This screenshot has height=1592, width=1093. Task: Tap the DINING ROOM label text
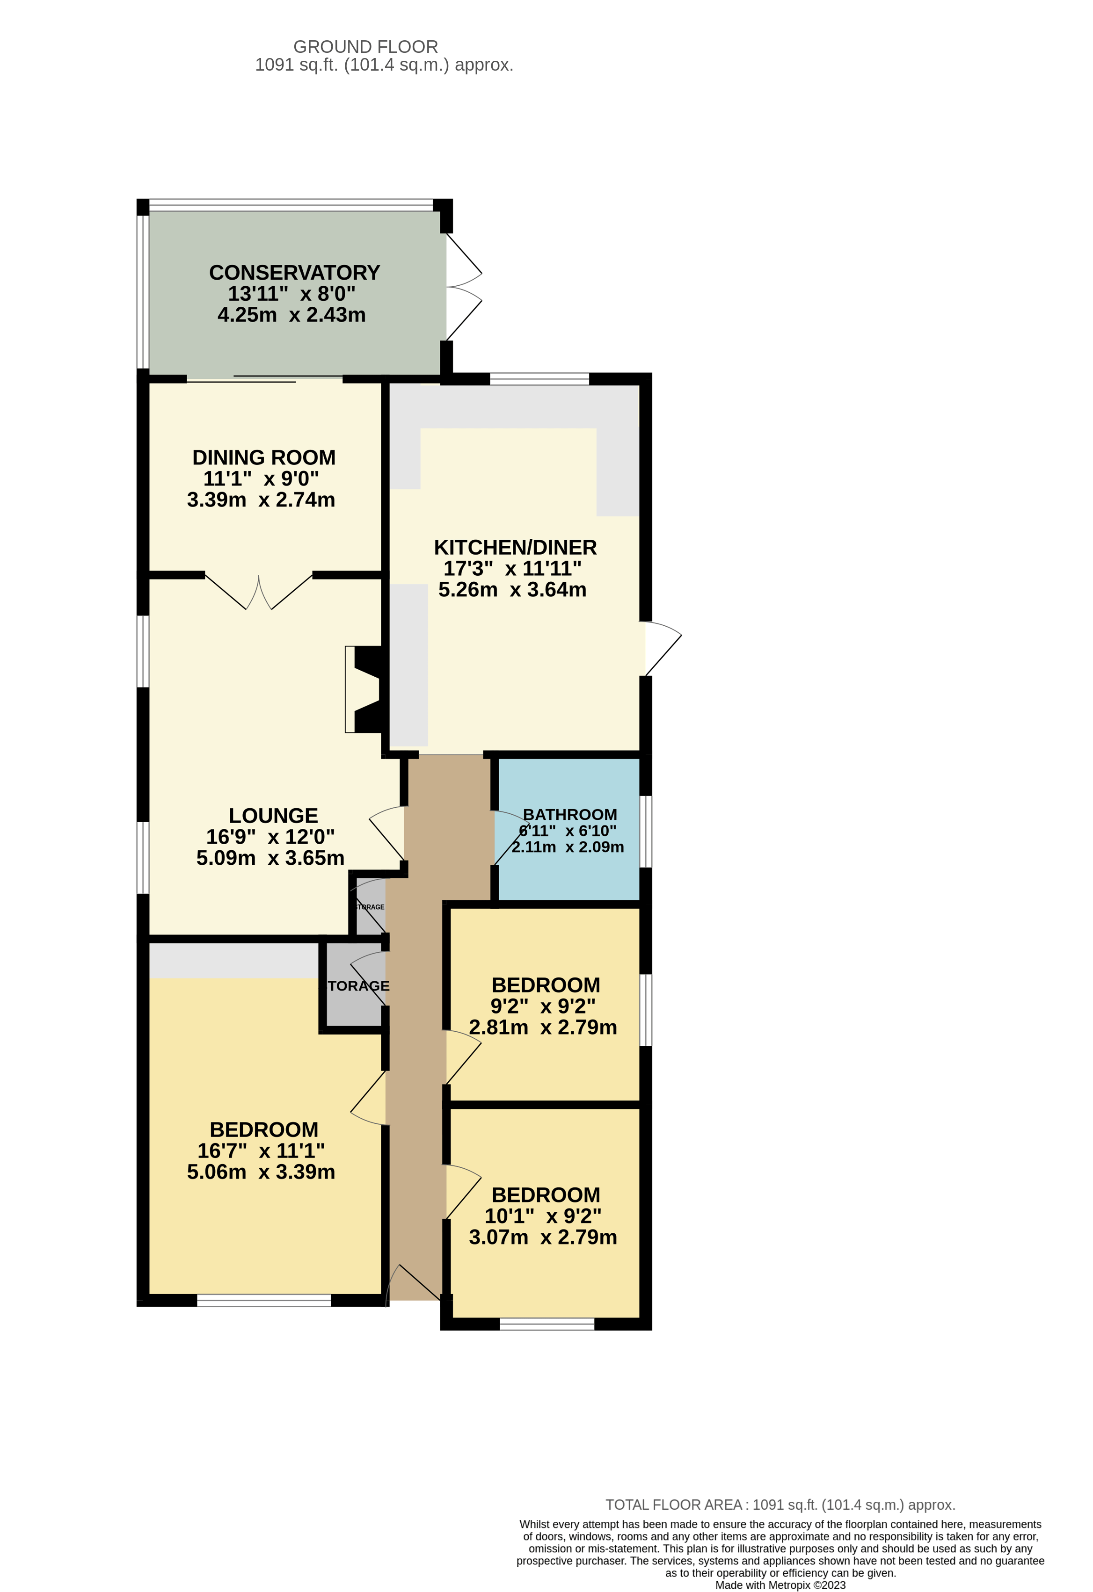pyautogui.click(x=264, y=457)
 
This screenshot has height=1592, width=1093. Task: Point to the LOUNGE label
pyautogui.click(x=273, y=815)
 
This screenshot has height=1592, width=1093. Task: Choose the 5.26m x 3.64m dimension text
pyautogui.click(x=512, y=590)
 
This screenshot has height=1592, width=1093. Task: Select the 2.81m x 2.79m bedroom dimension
pyautogui.click(x=543, y=1028)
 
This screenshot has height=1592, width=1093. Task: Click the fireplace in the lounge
pyautogui.click(x=363, y=689)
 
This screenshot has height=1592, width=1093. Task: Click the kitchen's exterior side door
pyautogui.click(x=661, y=647)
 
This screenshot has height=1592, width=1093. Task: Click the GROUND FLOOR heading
pyautogui.click(x=365, y=47)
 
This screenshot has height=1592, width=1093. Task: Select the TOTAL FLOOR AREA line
pyautogui.click(x=780, y=1505)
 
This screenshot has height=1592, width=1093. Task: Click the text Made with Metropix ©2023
pyautogui.click(x=780, y=1585)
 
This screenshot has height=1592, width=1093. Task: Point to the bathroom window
pyautogui.click(x=646, y=831)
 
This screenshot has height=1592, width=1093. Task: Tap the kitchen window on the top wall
pyautogui.click(x=539, y=378)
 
